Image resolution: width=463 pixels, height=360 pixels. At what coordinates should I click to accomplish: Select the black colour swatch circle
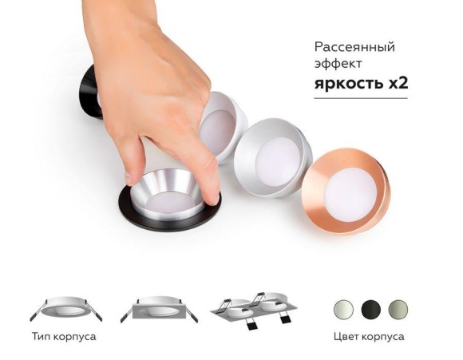coord(370,309)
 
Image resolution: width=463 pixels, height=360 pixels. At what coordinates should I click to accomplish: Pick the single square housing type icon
coord(155,310)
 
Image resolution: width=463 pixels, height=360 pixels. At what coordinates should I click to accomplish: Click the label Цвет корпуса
coord(369,337)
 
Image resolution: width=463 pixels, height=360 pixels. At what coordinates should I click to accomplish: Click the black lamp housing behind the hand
coord(88,92)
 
